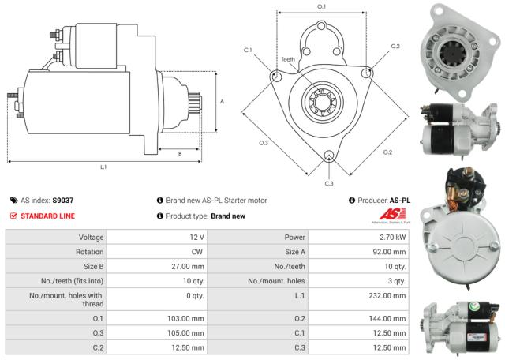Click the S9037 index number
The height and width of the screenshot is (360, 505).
point(64,201)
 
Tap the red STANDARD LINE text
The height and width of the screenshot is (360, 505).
point(48,216)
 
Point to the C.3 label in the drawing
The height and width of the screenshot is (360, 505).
point(328,184)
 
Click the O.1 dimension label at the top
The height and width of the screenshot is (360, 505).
point(321,7)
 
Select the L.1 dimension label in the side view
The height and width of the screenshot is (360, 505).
point(103,167)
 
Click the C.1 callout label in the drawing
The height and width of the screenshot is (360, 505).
point(248,51)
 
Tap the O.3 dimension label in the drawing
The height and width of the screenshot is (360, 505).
point(264,143)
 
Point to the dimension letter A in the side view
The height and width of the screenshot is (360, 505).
point(223,101)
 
